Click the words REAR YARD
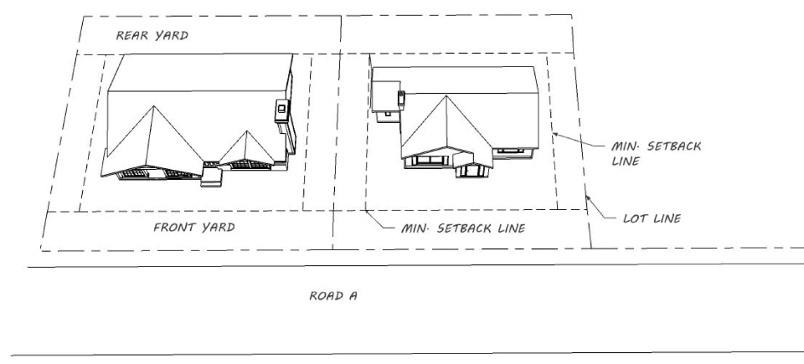point(152,36)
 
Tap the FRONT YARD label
point(193,227)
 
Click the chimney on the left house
point(282,108)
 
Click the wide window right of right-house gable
point(508,151)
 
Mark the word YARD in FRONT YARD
point(214,227)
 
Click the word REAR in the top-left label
point(132,36)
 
